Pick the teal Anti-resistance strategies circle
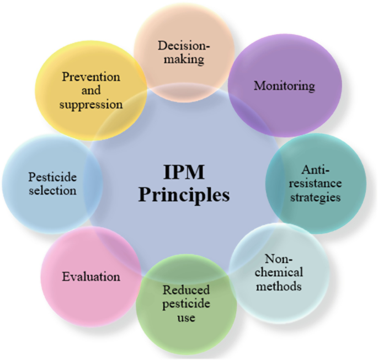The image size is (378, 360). pyautogui.click(x=316, y=182)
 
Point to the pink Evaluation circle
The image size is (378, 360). pyautogui.click(x=91, y=276)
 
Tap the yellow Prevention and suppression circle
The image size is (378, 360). pyautogui.click(x=92, y=89)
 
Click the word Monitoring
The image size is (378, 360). pyautogui.click(x=284, y=87)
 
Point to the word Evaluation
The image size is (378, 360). pyautogui.click(x=91, y=276)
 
